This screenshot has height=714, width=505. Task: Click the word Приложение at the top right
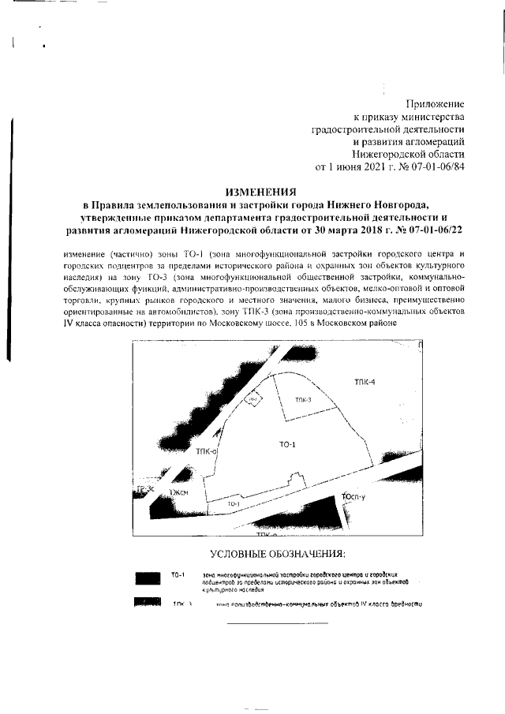[435, 103]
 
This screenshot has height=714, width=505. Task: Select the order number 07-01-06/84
[433, 166]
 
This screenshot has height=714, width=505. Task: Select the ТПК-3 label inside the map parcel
[304, 400]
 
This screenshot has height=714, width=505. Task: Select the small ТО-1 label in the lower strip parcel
[233, 503]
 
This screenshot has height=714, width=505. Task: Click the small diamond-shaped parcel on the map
[252, 401]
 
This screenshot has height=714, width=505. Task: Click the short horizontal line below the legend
[277, 623]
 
